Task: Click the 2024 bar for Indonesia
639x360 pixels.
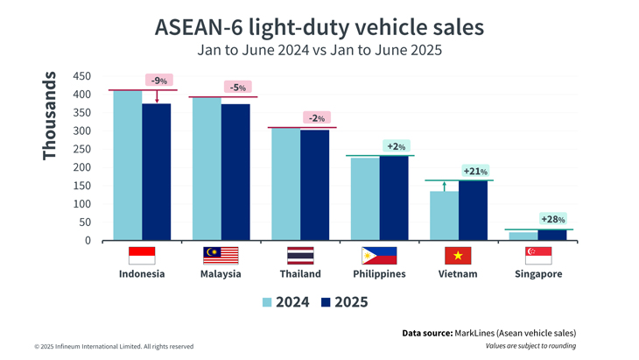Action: coord(128,166)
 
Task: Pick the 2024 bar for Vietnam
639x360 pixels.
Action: coord(444,215)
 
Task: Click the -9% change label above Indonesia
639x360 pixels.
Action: coord(159,81)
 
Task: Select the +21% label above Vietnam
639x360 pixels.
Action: coord(475,171)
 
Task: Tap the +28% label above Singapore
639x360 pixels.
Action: coord(553,219)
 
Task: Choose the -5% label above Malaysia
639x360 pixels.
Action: coord(237,88)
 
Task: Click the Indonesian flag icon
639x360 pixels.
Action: coord(142,255)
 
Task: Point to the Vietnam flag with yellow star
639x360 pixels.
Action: coord(459,255)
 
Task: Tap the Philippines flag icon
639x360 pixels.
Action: coord(379,255)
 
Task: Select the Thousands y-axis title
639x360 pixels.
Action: coord(50,115)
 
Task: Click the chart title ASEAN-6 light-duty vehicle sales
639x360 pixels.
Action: coord(319,27)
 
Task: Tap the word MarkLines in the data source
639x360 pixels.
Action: coord(474,333)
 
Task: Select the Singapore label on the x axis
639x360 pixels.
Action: coord(538,274)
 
